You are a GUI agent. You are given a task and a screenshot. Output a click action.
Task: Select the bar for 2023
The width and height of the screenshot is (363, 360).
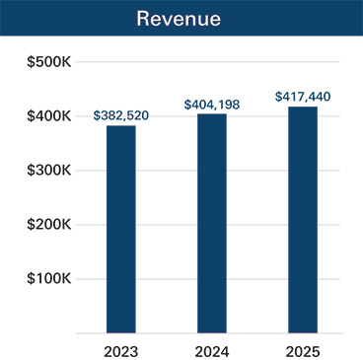click(120, 229)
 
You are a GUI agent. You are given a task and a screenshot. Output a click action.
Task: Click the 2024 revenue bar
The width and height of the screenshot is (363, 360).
click(211, 223)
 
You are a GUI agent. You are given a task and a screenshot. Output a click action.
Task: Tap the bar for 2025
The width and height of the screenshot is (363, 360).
click(303, 219)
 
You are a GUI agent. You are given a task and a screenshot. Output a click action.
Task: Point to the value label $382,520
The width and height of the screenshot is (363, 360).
click(120, 115)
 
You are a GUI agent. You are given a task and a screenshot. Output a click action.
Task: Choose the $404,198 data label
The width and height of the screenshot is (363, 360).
click(211, 104)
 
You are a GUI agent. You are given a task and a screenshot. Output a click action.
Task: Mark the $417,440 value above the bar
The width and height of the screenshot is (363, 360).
click(303, 97)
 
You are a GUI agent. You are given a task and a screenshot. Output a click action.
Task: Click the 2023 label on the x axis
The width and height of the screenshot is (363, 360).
click(120, 349)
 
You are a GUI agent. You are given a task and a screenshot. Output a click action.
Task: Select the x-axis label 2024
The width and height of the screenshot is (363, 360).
click(211, 349)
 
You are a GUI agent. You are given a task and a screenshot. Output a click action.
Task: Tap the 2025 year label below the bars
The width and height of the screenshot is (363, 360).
click(303, 349)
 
